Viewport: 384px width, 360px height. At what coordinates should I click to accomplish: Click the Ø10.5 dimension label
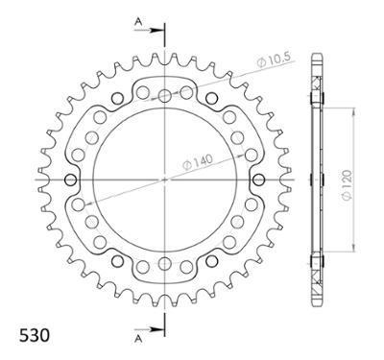coord(274,60)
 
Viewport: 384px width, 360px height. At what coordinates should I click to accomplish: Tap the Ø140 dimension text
coord(198,161)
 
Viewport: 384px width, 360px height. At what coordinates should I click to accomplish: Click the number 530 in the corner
coord(35,336)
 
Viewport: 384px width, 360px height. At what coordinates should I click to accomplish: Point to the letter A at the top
coord(138,21)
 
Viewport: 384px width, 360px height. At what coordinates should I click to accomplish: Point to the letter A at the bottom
coord(138,339)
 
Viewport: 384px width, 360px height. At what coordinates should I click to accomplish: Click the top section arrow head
coord(156,31)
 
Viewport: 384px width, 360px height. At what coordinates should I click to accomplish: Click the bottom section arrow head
coord(156,329)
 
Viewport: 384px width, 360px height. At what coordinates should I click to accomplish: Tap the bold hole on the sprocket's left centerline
coord(71,180)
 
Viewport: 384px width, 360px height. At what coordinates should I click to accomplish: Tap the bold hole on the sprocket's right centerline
coord(258,180)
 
